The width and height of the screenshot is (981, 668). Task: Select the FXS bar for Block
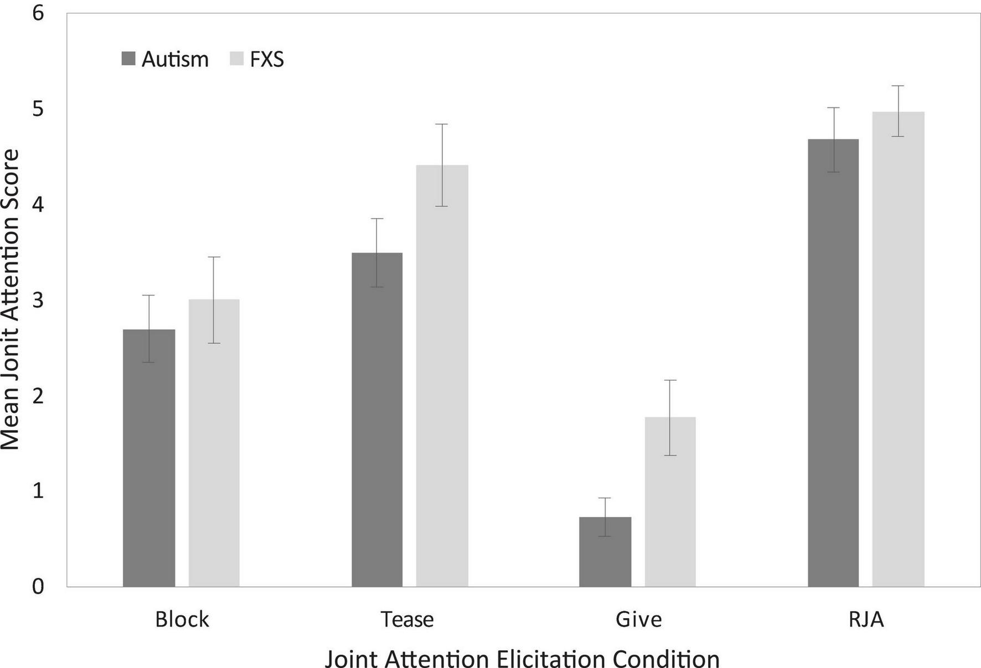point(214,443)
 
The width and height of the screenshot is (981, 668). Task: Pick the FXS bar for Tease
point(442,376)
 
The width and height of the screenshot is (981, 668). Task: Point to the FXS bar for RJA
point(898,349)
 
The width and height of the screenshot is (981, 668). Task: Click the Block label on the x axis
point(182,619)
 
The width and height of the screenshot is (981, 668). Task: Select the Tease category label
point(407,619)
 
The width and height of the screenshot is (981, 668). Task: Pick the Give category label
point(638,619)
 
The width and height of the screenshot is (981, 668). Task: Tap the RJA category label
point(866,619)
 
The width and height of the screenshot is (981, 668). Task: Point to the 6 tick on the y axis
point(38,13)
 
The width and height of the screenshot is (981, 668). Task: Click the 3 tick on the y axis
point(38,300)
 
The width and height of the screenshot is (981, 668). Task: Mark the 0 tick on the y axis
point(38,587)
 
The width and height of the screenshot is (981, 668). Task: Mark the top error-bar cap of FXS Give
point(670,380)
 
